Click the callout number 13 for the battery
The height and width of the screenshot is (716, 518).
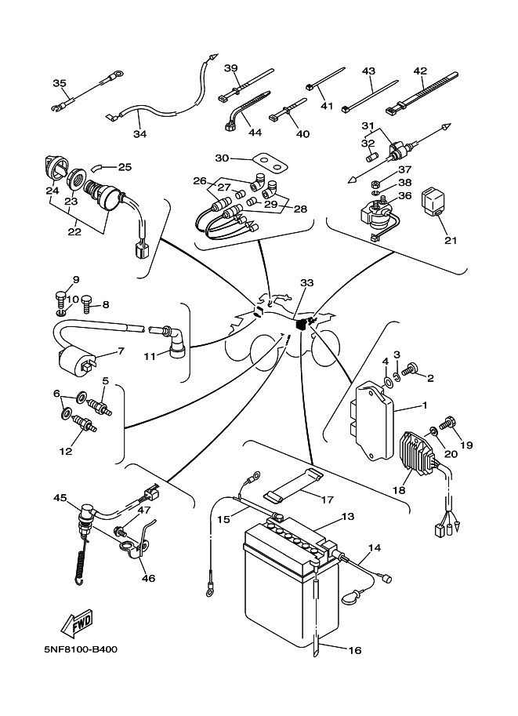[347, 518]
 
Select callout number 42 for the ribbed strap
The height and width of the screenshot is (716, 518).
[420, 70]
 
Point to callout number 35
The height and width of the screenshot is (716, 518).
[60, 83]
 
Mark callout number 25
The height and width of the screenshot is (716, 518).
[125, 166]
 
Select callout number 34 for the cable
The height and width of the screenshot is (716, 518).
[139, 134]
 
